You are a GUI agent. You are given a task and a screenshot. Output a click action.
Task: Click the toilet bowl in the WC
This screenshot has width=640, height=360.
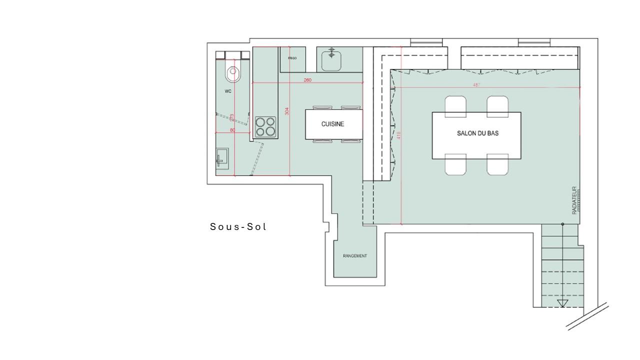[x=233, y=73]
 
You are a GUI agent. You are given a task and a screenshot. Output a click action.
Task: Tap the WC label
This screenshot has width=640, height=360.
[x=228, y=91]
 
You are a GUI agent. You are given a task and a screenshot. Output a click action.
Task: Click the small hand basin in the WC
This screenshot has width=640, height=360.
[x=221, y=158]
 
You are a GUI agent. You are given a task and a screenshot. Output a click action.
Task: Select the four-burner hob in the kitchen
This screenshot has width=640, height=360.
[x=265, y=126]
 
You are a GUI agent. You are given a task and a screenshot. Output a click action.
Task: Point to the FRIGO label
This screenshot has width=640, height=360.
[x=292, y=58]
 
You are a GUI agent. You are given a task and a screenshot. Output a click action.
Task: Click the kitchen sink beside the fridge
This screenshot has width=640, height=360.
[x=331, y=60]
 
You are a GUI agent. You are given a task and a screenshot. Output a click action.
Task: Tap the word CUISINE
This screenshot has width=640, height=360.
[x=332, y=124]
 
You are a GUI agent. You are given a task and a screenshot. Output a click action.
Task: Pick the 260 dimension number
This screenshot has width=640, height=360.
[x=307, y=80]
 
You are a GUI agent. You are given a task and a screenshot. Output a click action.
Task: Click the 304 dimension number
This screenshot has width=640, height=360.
[x=287, y=111]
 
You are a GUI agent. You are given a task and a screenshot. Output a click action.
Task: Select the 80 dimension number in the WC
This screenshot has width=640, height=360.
[x=232, y=130]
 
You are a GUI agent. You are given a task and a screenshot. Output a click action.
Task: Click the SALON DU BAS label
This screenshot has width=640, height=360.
[x=477, y=133]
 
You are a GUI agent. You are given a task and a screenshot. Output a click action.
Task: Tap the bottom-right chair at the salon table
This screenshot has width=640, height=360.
[x=497, y=165]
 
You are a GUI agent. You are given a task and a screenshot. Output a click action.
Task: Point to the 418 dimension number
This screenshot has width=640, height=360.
[x=398, y=135]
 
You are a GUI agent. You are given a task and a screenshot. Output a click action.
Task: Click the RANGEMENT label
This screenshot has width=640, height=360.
[x=355, y=256]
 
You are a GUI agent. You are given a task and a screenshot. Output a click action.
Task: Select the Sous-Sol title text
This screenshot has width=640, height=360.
[x=238, y=227]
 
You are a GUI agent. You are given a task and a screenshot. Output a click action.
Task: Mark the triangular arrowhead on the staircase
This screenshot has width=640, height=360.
[x=562, y=303]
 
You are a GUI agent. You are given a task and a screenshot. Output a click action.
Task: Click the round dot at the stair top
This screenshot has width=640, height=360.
[x=562, y=224]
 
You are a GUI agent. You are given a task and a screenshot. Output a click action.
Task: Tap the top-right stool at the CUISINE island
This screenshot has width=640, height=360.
[x=350, y=107]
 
